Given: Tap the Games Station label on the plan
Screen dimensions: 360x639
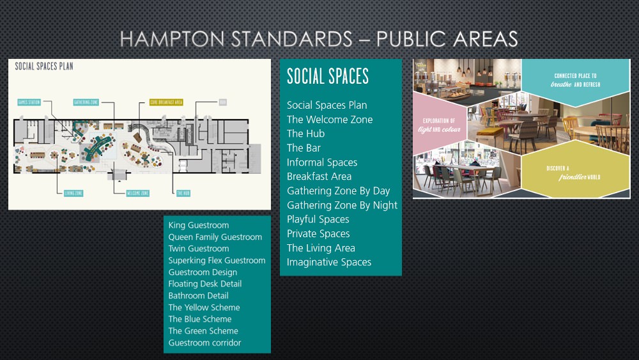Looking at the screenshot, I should coord(29,102).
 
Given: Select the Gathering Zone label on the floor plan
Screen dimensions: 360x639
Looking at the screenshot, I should coord(86,102).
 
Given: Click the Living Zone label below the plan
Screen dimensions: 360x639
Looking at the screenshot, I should coord(73,193).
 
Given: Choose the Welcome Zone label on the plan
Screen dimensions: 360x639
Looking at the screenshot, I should coord(137,193).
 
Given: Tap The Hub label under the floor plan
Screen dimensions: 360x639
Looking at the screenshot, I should coord(183,193).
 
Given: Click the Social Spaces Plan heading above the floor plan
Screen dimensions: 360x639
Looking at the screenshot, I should coord(44,67).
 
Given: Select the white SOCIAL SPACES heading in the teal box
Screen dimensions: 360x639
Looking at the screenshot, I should coord(328,76).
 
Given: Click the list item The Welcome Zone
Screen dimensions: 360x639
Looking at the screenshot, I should coord(330,120).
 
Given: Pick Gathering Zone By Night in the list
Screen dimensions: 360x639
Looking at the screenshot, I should coord(342,205).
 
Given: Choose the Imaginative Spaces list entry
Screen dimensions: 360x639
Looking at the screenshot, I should coord(329,262).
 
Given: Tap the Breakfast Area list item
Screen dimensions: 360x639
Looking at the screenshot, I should coord(319,176).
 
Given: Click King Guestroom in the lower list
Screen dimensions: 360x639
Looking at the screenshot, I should coord(199,225).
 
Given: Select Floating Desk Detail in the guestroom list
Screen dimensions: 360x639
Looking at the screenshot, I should coord(205,284).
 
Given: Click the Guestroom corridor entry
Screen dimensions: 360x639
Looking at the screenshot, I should coord(204,343).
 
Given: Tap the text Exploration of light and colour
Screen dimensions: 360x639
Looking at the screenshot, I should coord(439,125).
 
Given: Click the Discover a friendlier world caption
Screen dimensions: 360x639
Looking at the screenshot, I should coord(573,173).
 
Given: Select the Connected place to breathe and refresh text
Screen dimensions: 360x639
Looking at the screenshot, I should coord(575,80).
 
